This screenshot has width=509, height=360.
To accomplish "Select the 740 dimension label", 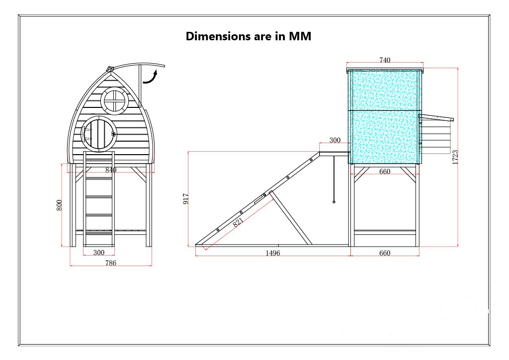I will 385,60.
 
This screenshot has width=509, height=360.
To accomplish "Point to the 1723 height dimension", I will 455,157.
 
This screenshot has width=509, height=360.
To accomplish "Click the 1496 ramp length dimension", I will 273,253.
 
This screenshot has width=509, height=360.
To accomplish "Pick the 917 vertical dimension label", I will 186,199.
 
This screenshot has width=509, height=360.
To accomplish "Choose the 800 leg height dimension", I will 59,205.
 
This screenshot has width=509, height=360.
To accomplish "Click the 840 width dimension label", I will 111,170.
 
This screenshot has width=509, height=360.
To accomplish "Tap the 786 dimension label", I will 111,263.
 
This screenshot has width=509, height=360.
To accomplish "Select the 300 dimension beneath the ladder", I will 99,253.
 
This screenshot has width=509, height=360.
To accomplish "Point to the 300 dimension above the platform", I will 335,140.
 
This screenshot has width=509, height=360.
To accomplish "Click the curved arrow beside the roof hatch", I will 150,76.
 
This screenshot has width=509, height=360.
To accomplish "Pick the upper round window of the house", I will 115,100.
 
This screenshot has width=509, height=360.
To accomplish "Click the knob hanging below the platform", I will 334,202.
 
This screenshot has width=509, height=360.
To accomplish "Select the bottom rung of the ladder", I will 99,231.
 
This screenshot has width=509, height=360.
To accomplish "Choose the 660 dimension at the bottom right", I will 385,253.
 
